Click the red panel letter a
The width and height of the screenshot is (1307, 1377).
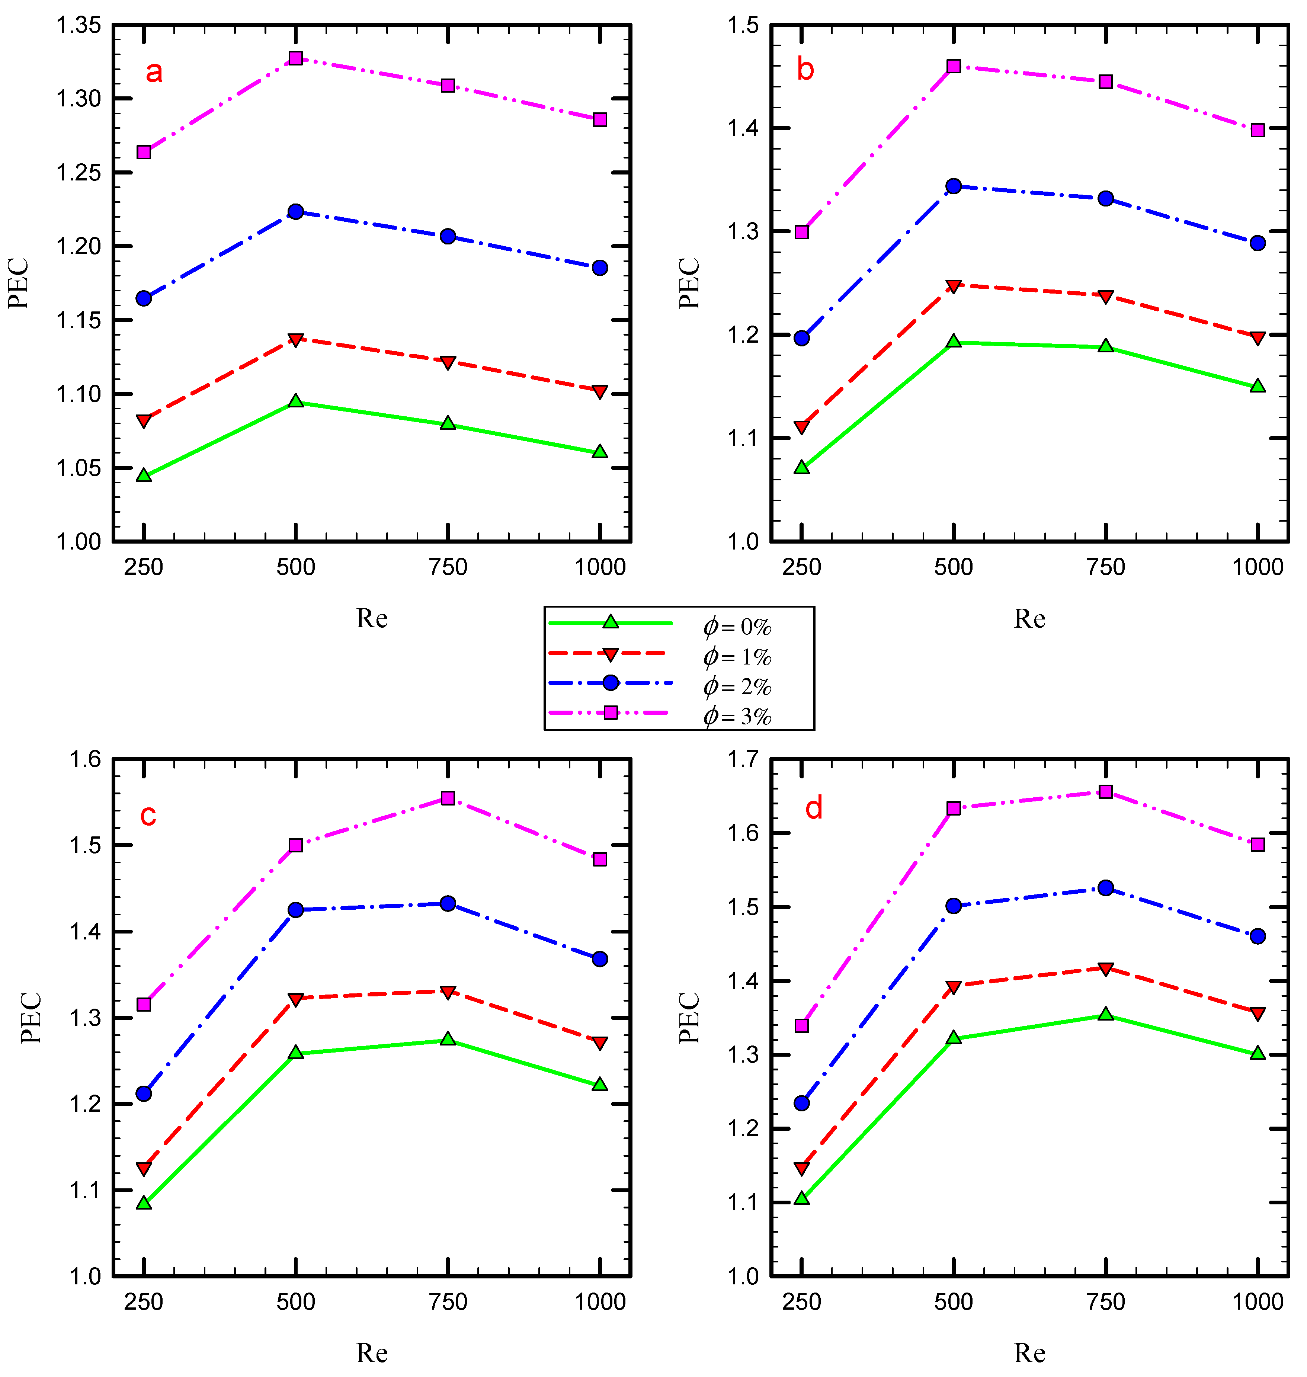click(x=154, y=72)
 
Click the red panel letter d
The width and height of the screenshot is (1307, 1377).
click(x=814, y=808)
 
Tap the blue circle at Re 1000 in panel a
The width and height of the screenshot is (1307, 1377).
click(x=600, y=268)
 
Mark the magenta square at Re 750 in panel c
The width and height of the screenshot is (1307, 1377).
click(x=448, y=798)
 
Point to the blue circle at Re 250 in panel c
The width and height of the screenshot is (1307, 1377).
click(x=144, y=1093)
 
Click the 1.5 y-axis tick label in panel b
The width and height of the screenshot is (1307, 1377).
click(x=743, y=26)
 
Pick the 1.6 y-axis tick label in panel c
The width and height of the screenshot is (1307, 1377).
click(x=85, y=760)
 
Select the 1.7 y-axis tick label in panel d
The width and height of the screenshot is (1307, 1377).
click(x=743, y=760)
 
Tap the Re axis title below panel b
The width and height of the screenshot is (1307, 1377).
click(x=1029, y=618)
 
